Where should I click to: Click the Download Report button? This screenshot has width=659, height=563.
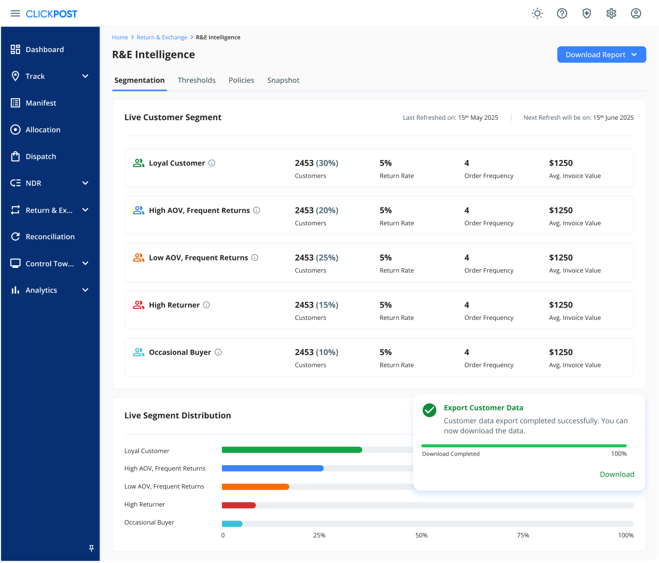(601, 54)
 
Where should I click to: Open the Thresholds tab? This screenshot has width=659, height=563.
(196, 80)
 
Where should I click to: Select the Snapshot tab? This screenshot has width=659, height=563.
(283, 80)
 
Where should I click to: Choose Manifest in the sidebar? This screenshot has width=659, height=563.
(41, 103)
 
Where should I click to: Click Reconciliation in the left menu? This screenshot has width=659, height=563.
(50, 237)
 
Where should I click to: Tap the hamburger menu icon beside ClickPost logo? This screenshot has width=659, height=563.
(15, 14)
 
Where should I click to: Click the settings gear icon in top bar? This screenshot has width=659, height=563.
(611, 14)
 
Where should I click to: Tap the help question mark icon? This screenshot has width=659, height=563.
(562, 14)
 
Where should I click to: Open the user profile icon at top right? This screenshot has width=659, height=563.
(636, 14)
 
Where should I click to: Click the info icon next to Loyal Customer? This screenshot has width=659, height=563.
(212, 163)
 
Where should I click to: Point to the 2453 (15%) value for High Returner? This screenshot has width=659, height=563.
(316, 305)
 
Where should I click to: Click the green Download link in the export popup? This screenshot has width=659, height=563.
(617, 474)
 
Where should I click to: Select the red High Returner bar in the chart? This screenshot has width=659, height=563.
(238, 505)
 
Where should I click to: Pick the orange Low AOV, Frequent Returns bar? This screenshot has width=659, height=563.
(255, 487)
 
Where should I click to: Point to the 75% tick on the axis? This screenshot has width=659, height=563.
(523, 535)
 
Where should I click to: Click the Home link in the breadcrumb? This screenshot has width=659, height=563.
(120, 37)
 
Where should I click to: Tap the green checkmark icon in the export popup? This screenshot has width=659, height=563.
(429, 410)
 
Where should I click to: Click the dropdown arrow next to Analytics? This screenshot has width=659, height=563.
(85, 290)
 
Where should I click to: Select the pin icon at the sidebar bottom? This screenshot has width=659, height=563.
(91, 548)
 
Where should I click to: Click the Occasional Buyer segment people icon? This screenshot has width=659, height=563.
(138, 352)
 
